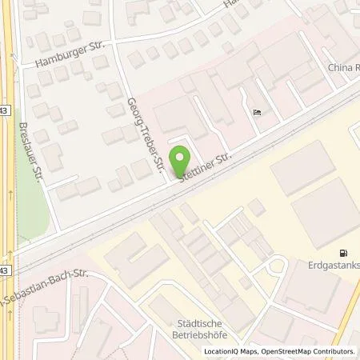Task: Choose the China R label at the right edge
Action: [343, 68]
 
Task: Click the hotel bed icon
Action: [257, 112]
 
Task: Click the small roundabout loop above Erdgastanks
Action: [277, 267]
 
